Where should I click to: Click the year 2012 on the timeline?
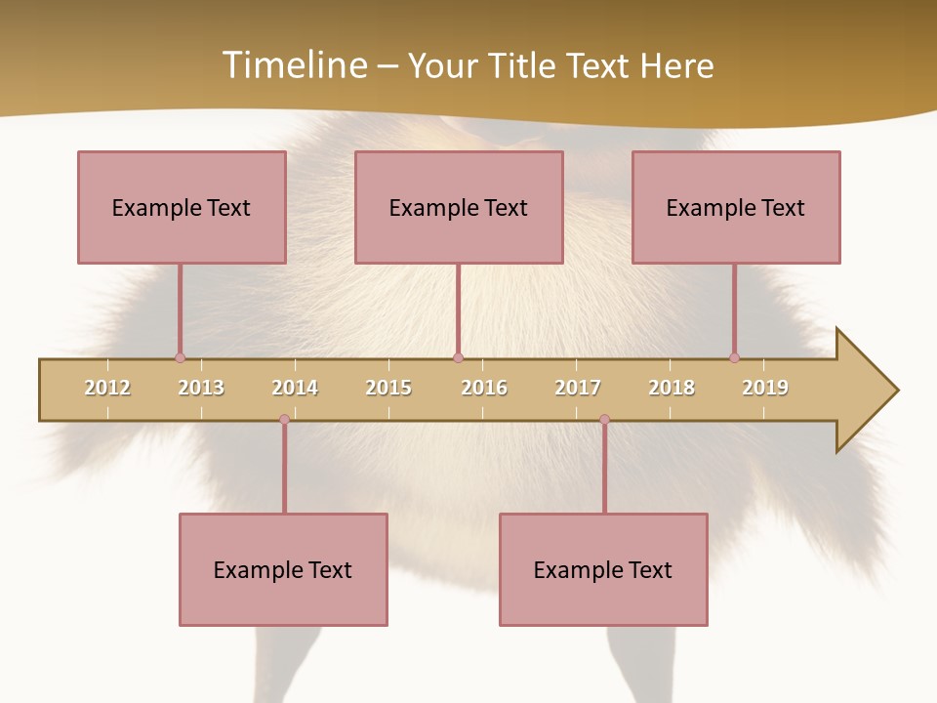click(x=107, y=388)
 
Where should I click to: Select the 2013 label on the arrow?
click(x=201, y=388)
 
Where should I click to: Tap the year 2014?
click(x=295, y=388)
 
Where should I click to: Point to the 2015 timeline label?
click(x=388, y=388)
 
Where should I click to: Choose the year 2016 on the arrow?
click(x=484, y=388)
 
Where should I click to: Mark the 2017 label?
click(x=578, y=388)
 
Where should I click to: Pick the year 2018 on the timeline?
click(x=672, y=388)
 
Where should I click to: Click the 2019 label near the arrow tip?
click(x=765, y=388)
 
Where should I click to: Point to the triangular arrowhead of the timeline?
click(x=864, y=391)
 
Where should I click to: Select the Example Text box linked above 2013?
click(x=182, y=207)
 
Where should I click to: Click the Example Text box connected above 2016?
click(x=459, y=207)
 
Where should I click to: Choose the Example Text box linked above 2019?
click(x=736, y=207)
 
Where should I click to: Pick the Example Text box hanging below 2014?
click(x=283, y=569)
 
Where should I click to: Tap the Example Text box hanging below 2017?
click(x=603, y=569)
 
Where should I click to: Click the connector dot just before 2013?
click(x=180, y=357)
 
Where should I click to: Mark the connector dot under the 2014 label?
click(x=284, y=420)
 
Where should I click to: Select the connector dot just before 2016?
click(x=458, y=357)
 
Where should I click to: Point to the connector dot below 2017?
click(x=604, y=420)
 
